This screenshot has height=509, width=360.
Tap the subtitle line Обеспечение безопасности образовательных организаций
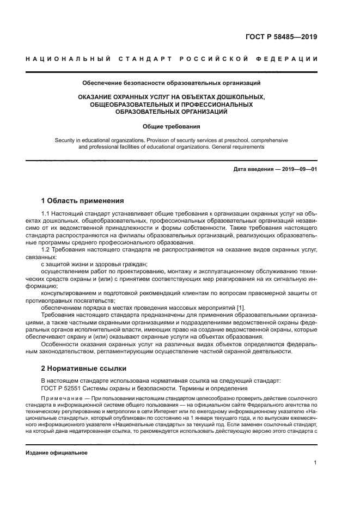171,83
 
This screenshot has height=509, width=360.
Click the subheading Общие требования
171,126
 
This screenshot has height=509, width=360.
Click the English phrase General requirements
240,147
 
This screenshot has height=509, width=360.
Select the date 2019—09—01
298,169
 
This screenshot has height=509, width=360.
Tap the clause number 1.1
46,214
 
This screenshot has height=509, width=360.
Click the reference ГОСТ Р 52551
63,388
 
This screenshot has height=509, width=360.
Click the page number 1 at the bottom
315,463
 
